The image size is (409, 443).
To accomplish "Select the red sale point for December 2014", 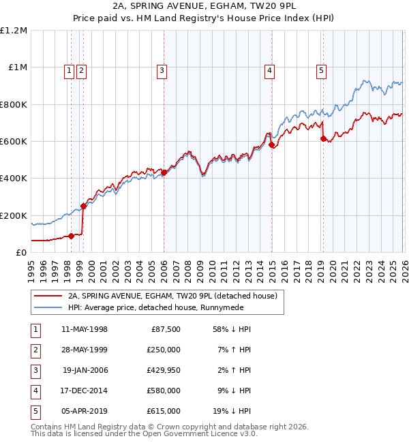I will click(271, 145).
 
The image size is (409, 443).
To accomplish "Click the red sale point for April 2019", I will click(323, 138).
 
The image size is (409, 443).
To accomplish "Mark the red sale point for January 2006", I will click(164, 173).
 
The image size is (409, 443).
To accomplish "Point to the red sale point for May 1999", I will click(83, 206).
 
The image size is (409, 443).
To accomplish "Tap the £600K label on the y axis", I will click(14, 141).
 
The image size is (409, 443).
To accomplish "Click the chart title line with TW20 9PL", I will click(204, 7).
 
